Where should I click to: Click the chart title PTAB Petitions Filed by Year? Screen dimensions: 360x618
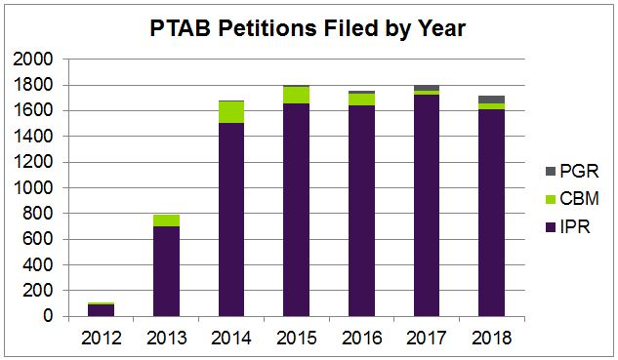[x=309, y=29]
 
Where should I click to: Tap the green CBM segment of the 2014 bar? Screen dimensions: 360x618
[x=230, y=111]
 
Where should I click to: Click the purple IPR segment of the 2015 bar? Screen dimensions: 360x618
[x=296, y=210]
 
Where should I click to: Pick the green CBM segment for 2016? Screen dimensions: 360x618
[x=361, y=99]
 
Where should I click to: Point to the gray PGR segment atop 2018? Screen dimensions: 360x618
[x=491, y=100]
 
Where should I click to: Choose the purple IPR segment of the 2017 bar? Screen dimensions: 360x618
[x=427, y=205]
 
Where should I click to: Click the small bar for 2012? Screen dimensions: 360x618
[x=101, y=310]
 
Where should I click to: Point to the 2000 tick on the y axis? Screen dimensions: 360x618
[x=34, y=60]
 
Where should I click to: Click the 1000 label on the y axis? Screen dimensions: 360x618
[x=34, y=187]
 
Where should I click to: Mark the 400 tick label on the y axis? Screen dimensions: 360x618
[x=39, y=265]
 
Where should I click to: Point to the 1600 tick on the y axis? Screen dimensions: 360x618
[x=34, y=111]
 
